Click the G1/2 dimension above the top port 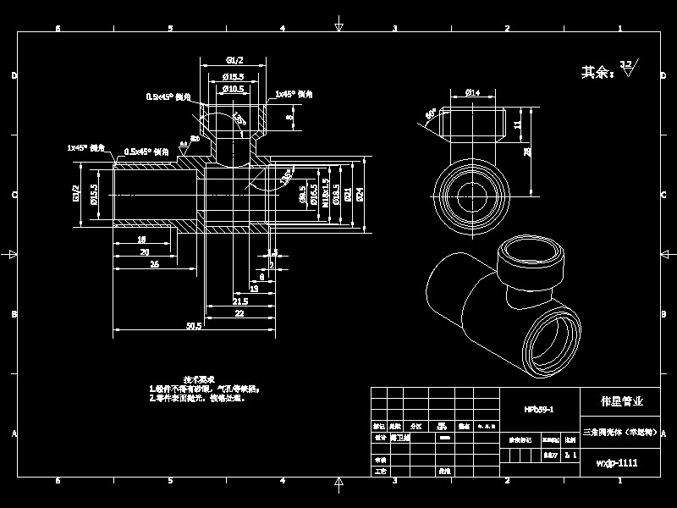234,59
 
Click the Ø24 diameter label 360,194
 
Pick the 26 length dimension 154,264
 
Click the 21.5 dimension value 239,301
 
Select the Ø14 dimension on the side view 473,92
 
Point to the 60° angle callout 431,113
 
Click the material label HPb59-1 538,409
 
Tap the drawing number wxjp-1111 617,463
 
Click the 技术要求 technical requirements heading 200,379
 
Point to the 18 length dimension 141,240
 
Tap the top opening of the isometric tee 531,253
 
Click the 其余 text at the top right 597,73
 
